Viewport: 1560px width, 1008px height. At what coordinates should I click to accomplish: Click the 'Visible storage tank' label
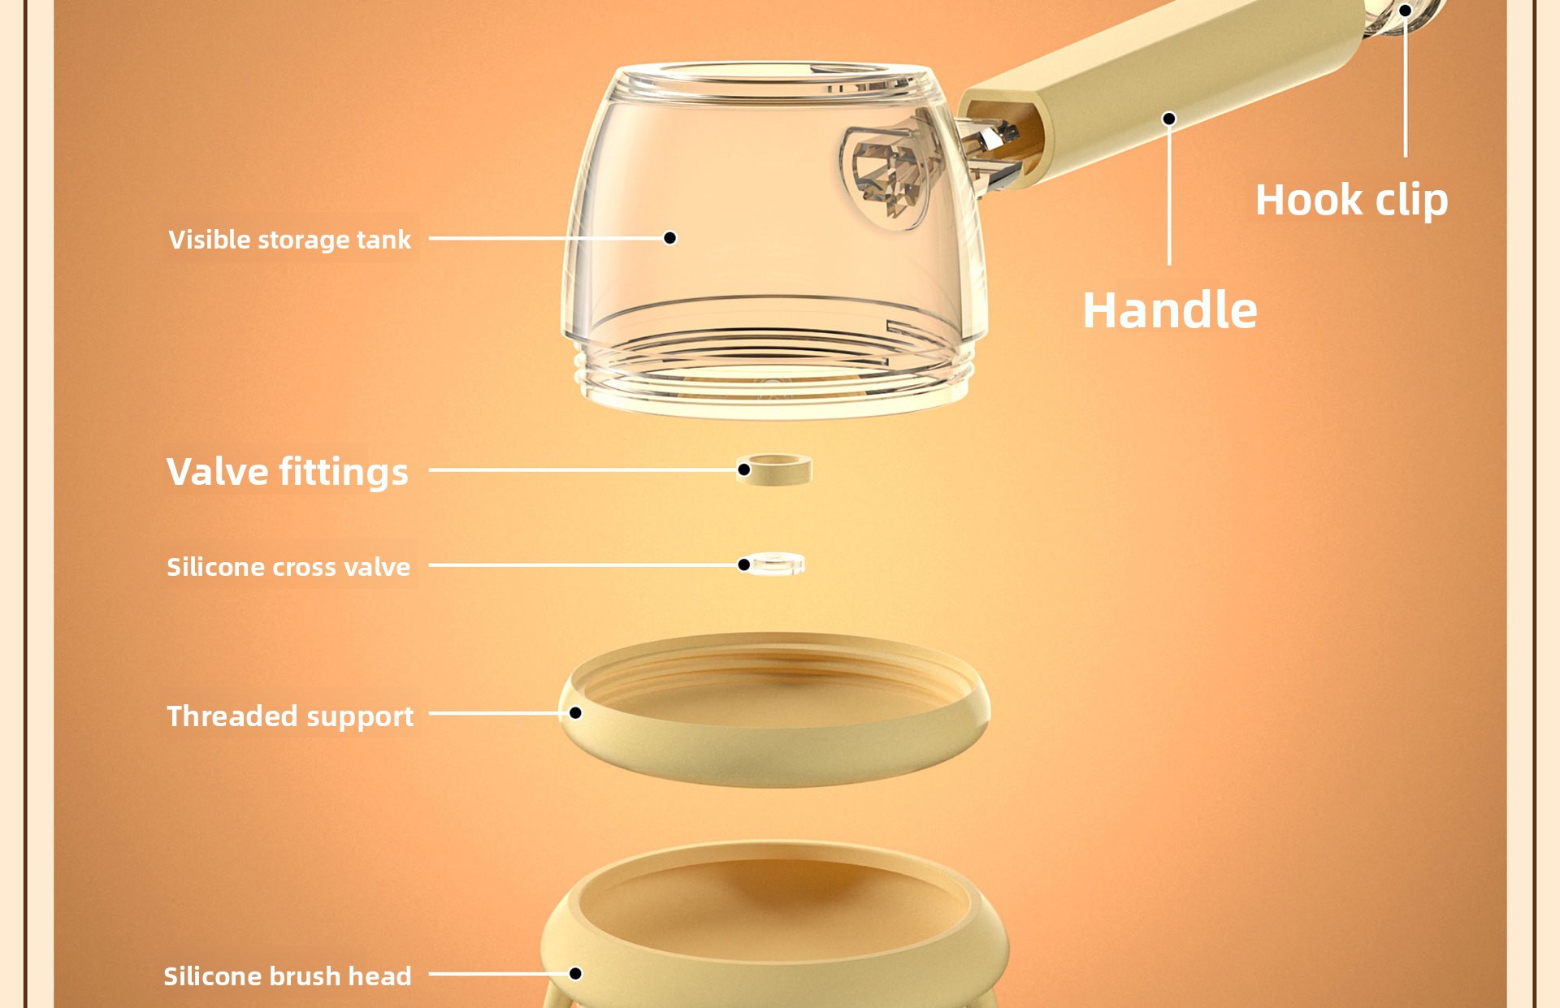pyautogui.click(x=290, y=240)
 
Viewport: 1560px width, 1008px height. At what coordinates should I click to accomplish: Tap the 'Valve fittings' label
pyautogui.click(x=288, y=472)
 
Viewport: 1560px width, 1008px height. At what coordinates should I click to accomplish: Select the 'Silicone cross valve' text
pyautogui.click(x=288, y=566)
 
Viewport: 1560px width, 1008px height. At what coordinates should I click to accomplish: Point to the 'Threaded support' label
pyautogui.click(x=290, y=716)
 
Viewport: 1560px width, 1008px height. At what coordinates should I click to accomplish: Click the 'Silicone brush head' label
pyautogui.click(x=288, y=976)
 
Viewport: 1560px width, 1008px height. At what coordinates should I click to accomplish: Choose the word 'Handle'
pyautogui.click(x=1170, y=310)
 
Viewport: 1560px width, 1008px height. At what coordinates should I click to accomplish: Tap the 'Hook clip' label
pyautogui.click(x=1352, y=201)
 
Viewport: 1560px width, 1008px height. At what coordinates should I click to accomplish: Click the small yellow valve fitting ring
pyautogui.click(x=774, y=469)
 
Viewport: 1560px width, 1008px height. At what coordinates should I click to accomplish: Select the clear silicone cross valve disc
pyautogui.click(x=774, y=564)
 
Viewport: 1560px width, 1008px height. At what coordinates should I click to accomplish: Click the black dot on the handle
pyautogui.click(x=1169, y=119)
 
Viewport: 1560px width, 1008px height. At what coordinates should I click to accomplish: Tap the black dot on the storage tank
pyautogui.click(x=670, y=238)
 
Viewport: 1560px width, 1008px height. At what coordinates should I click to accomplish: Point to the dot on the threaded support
pyautogui.click(x=575, y=713)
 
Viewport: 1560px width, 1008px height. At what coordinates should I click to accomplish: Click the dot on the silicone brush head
pyautogui.click(x=575, y=973)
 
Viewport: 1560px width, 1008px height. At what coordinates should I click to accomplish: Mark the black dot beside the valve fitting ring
pyautogui.click(x=743, y=469)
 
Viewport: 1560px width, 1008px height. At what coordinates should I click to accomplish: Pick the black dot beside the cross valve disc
pyautogui.click(x=743, y=565)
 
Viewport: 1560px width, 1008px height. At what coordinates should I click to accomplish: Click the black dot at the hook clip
pyautogui.click(x=1405, y=11)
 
